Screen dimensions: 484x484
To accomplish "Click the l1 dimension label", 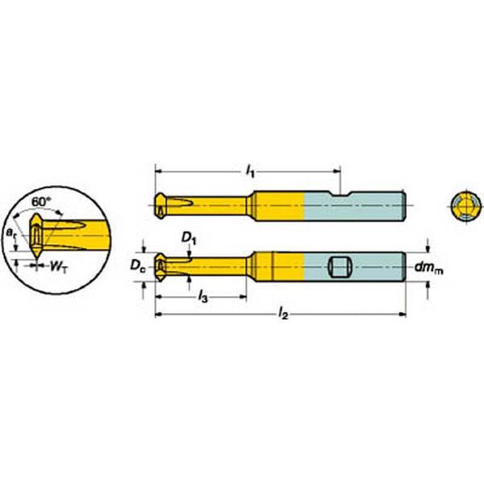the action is [250, 171].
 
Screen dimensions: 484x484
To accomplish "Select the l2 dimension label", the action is [283, 315].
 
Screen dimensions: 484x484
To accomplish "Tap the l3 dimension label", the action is [202, 297].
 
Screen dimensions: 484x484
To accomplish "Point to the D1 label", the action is [189, 238].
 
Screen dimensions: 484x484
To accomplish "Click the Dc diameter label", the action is [138, 265].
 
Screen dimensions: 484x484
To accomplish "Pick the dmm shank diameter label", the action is [429, 269].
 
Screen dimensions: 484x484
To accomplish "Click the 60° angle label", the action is [41, 202].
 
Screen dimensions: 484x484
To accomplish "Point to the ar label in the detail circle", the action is [10, 233].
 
